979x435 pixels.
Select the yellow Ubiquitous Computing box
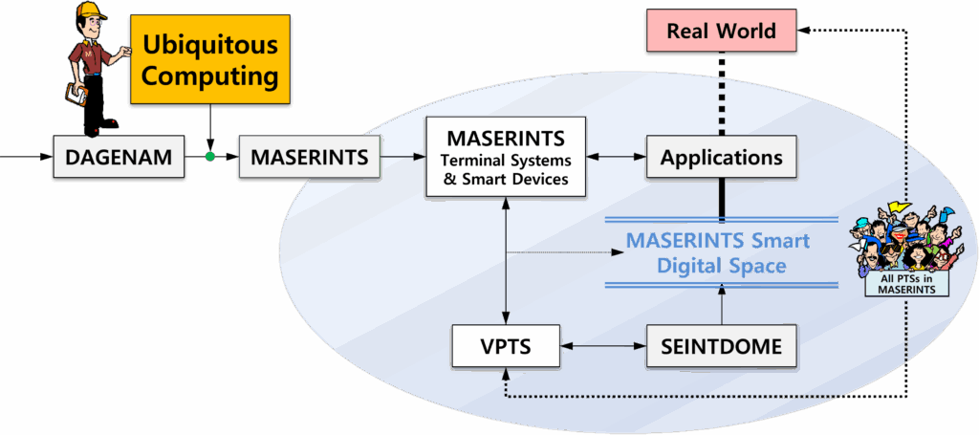point(209,59)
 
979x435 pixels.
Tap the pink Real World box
point(722,30)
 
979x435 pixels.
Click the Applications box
point(722,157)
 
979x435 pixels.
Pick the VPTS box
point(505,347)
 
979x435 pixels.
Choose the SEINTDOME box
point(722,347)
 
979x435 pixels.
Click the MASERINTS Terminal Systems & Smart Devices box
point(505,157)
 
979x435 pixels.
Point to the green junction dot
point(210,156)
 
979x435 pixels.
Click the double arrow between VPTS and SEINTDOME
point(602,347)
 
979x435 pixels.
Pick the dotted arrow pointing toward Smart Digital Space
point(564,253)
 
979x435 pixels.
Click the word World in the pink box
point(750,30)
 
